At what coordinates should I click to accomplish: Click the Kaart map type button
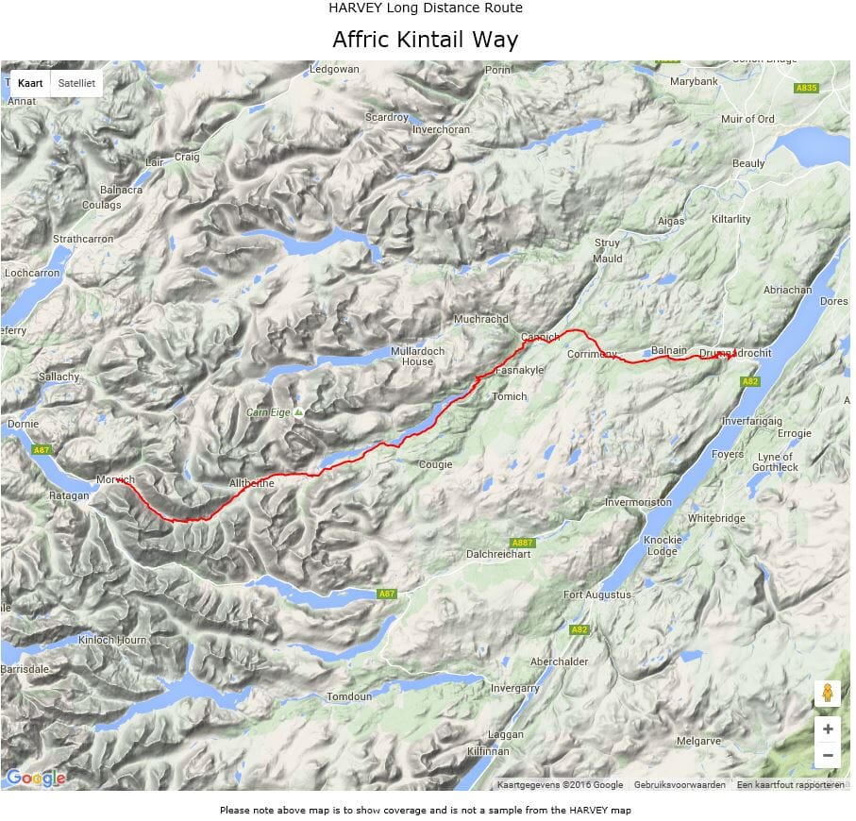(x=30, y=83)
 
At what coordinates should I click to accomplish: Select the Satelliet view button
(x=76, y=83)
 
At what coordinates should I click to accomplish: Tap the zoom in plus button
(x=827, y=729)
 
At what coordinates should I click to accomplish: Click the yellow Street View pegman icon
(x=827, y=694)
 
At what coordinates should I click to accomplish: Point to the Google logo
(x=36, y=779)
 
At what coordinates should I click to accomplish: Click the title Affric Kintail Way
(x=425, y=41)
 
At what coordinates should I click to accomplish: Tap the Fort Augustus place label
(x=596, y=595)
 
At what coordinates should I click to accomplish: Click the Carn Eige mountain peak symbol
(x=298, y=412)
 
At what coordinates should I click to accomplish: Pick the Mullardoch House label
(x=411, y=356)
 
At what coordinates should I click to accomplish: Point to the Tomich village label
(x=509, y=397)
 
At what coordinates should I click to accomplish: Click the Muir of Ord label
(x=747, y=119)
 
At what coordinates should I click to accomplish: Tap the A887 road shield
(x=522, y=544)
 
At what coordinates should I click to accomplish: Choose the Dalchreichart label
(x=498, y=555)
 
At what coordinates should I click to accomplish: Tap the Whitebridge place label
(x=716, y=519)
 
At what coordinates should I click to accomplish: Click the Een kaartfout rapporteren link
(x=790, y=785)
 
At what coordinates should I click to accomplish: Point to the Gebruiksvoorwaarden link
(x=680, y=785)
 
